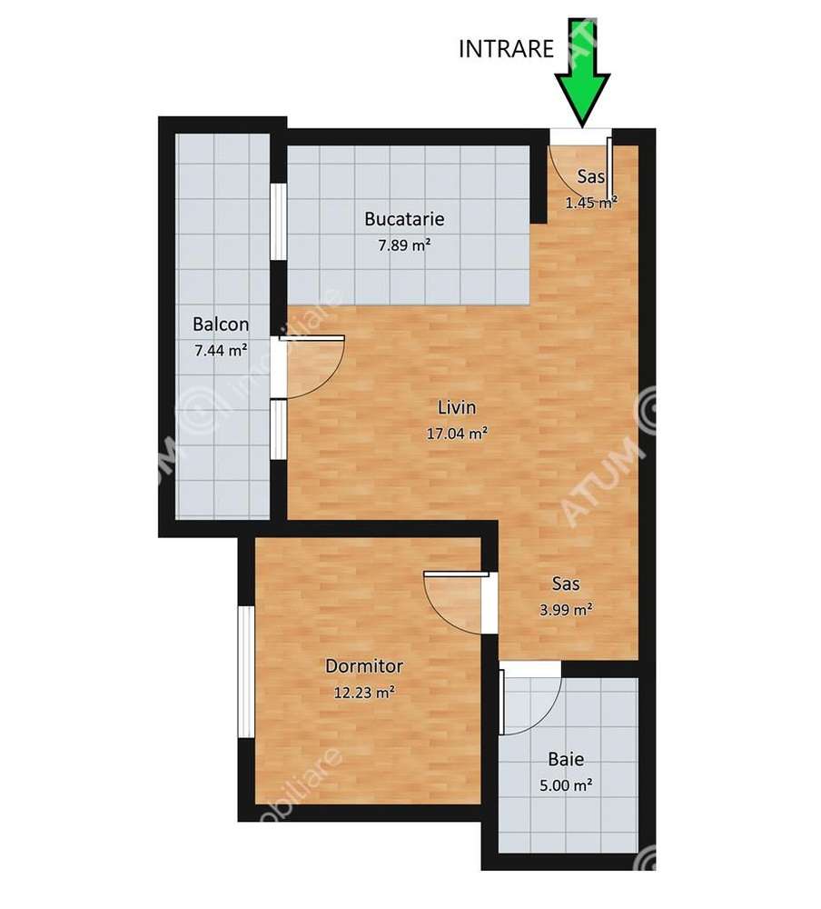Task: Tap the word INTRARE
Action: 507,49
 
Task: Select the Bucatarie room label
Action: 404,219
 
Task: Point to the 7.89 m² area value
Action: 404,244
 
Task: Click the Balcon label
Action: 221,325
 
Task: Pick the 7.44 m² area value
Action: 221,349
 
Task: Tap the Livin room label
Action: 457,408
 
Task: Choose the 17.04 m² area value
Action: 457,434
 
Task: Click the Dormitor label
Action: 364,666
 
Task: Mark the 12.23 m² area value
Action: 364,693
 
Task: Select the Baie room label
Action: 566,760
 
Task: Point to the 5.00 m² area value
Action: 566,784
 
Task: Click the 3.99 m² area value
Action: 566,610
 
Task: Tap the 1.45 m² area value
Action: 591,203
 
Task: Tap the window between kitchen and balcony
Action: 279,223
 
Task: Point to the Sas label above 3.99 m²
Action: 566,584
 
